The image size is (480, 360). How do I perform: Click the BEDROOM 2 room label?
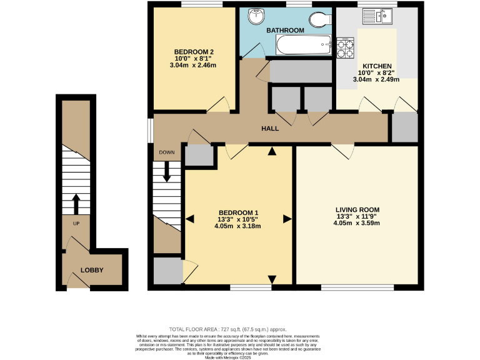click(194, 52)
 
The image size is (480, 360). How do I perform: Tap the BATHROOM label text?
click(285, 30)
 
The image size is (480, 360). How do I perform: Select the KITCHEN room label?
click(377, 66)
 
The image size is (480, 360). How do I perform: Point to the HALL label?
click(270, 129)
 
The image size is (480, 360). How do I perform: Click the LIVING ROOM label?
click(357, 209)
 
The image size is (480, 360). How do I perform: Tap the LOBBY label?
click(92, 271)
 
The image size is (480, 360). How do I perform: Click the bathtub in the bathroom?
click(304, 45)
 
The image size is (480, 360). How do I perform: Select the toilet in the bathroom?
click(322, 19)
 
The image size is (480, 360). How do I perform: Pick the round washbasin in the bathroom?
click(256, 17)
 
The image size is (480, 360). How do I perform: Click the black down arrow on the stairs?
click(166, 172)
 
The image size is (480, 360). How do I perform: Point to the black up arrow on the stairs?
click(76, 204)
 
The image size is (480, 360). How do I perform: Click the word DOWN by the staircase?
click(166, 152)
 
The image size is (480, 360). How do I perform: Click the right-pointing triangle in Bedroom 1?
click(287, 219)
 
